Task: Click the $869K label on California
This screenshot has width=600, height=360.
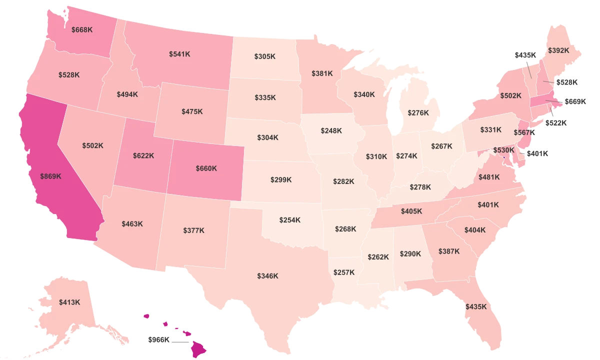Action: [x=51, y=176]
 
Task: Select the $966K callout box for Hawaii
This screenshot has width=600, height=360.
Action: [x=159, y=339]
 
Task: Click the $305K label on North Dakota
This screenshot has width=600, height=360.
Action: [x=264, y=56]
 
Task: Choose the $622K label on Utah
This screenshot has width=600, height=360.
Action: [x=144, y=155]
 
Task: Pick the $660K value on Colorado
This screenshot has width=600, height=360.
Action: [x=206, y=168]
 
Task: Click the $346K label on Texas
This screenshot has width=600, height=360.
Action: [x=267, y=276]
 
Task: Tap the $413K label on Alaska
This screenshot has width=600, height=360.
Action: [x=69, y=302]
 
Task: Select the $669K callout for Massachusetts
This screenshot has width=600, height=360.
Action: [x=574, y=101]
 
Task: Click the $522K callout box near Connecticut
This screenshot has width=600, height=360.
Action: [x=555, y=122]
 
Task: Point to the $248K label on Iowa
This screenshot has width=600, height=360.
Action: [x=331, y=130]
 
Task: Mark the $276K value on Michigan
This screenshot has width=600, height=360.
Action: [x=418, y=113]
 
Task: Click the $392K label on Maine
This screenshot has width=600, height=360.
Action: [x=558, y=50]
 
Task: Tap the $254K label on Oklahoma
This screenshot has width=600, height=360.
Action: [x=290, y=219]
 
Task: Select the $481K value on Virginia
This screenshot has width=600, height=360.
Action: [x=489, y=177]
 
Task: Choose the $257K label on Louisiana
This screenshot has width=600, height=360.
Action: [x=344, y=272]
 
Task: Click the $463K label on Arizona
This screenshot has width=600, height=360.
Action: [x=132, y=223]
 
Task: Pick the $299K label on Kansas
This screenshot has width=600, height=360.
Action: [x=280, y=179]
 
